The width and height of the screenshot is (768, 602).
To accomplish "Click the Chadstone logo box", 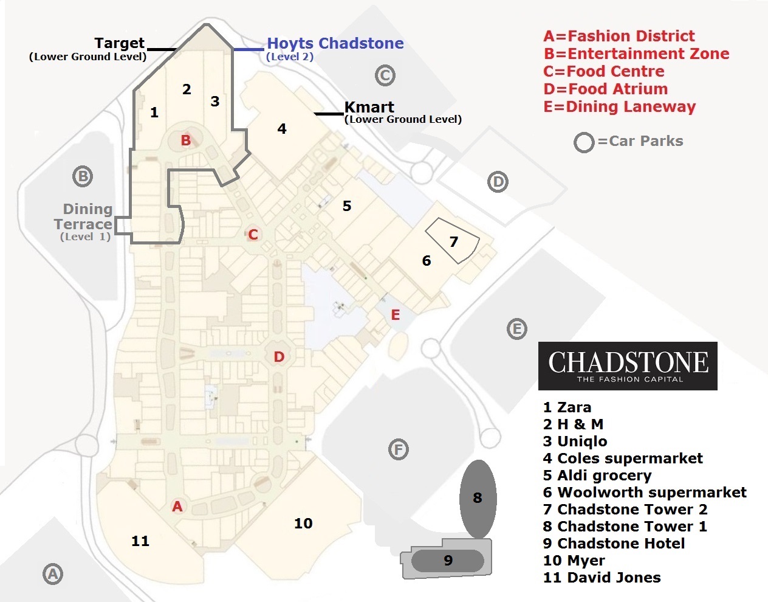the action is coord(628,365).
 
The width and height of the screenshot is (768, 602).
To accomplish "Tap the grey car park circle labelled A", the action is coord(53,573).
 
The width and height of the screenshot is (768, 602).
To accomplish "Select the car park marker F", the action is coord(398,450).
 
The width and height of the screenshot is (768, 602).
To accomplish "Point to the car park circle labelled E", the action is coord(516,329).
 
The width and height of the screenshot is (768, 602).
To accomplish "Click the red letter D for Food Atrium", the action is coord(279,357).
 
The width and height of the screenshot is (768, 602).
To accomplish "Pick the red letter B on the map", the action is coord(186,140).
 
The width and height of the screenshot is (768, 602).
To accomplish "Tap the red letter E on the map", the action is coord(396,315).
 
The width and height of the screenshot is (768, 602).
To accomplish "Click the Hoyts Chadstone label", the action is coord(335,44).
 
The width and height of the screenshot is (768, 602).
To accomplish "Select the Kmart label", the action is coord(369,108).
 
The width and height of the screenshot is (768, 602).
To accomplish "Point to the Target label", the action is coord(119,44).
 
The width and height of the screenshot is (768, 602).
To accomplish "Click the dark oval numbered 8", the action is coord(478,498).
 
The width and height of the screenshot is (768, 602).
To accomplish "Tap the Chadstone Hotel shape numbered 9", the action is coord(448,560).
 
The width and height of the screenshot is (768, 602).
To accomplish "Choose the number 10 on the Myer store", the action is coord(303,524).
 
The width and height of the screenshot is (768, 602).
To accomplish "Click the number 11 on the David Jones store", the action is coord(140,541).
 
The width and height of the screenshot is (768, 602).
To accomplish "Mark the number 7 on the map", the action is coord(453,242).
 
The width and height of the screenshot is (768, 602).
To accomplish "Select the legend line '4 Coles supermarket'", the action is coord(623,458).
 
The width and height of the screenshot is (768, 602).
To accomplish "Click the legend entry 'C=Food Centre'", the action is coord(604,71).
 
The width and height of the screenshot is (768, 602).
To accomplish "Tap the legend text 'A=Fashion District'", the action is coord(619,36).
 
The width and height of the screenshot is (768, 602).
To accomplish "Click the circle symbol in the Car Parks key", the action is coord(584,142).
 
